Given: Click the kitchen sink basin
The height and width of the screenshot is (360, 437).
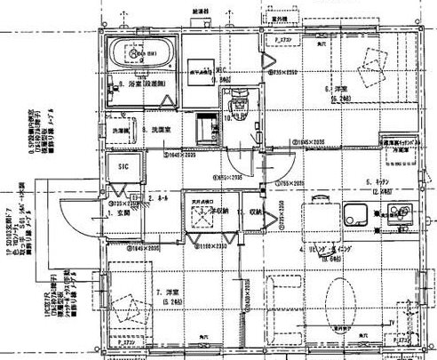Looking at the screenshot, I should tap(358, 216).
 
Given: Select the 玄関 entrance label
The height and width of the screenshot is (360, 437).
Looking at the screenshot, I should tap(118, 214).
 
